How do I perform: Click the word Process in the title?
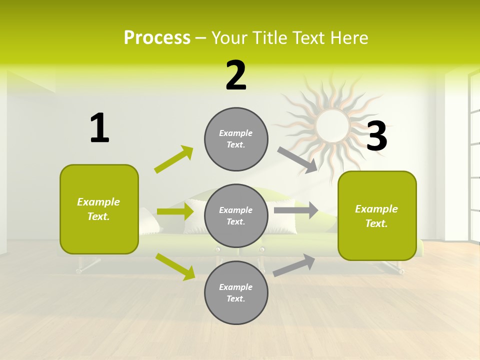(x=157, y=38)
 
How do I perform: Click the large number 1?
(x=99, y=128)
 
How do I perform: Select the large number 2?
(x=236, y=75)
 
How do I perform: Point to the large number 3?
(x=377, y=136)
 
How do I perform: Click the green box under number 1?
(x=99, y=209)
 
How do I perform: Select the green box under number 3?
(x=377, y=215)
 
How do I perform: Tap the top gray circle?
(x=236, y=139)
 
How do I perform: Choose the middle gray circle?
(x=236, y=215)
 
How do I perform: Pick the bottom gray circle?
(x=236, y=292)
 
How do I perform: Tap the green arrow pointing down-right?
(x=175, y=266)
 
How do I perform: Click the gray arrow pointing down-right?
(x=297, y=160)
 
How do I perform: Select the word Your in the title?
(x=229, y=38)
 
